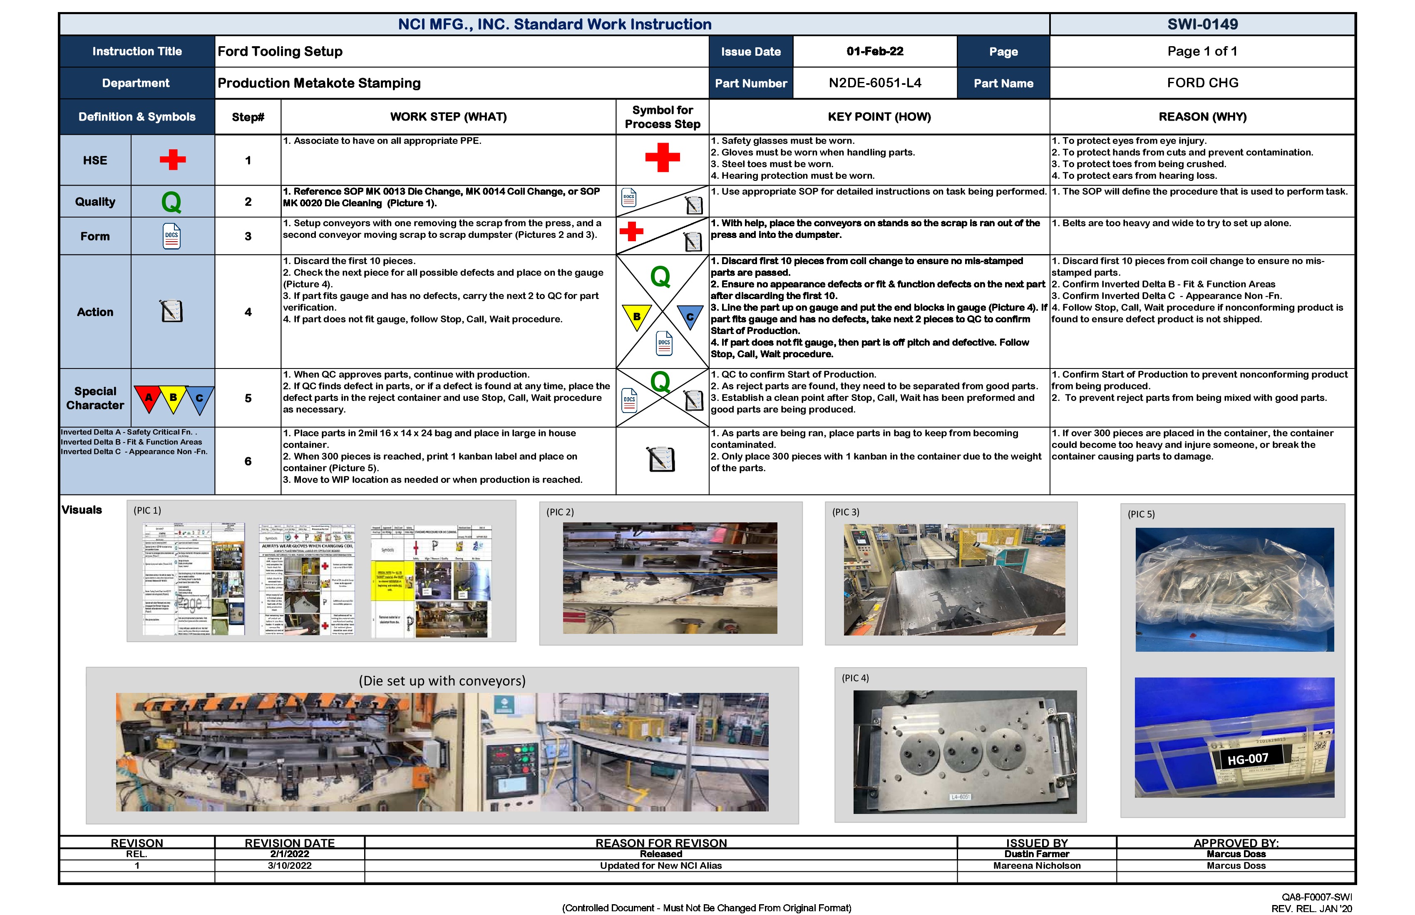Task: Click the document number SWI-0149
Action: coord(1202,25)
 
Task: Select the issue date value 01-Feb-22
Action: coord(874,51)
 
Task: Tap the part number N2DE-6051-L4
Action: coord(874,83)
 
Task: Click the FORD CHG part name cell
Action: coord(1202,83)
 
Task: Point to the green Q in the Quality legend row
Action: coord(171,202)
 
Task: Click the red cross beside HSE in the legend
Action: coord(172,160)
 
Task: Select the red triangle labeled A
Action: coord(149,398)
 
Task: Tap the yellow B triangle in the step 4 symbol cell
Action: coord(637,316)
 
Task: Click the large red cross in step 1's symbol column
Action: coord(662,158)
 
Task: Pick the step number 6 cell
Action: coord(248,461)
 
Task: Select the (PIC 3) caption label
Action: coord(845,512)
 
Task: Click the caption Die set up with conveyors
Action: coord(442,681)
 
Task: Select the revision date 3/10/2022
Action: coord(290,866)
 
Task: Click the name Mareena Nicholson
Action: coord(1036,866)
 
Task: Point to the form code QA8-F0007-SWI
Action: coord(1316,897)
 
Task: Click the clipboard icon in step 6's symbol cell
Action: coord(661,459)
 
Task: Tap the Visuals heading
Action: coord(82,510)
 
